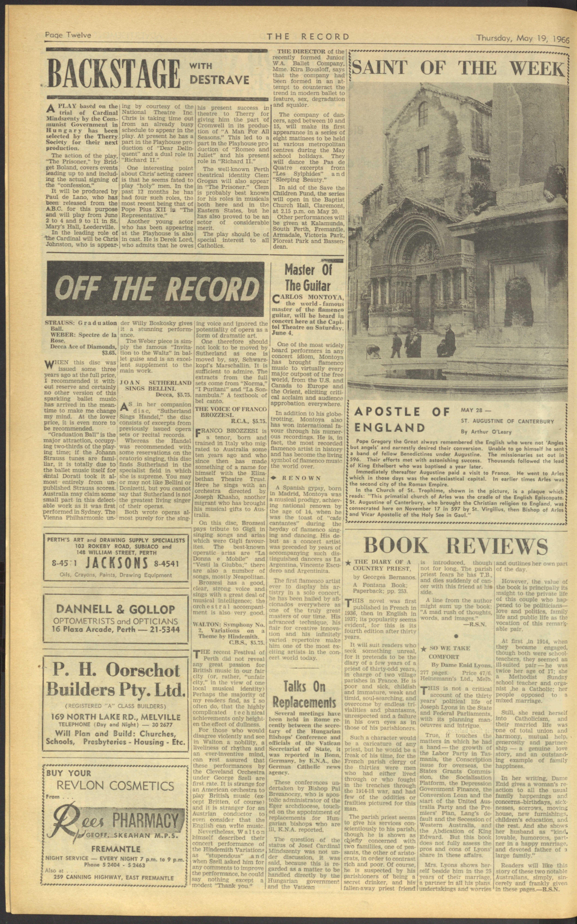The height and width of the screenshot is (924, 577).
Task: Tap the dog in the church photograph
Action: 372,350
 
